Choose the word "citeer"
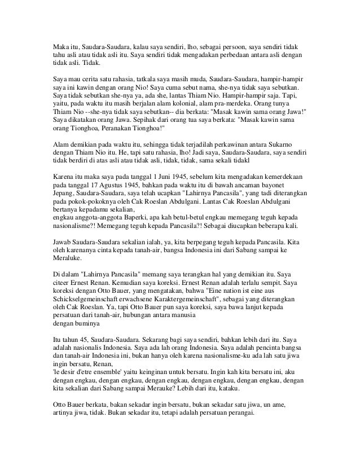pyautogui.click(x=61, y=282)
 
